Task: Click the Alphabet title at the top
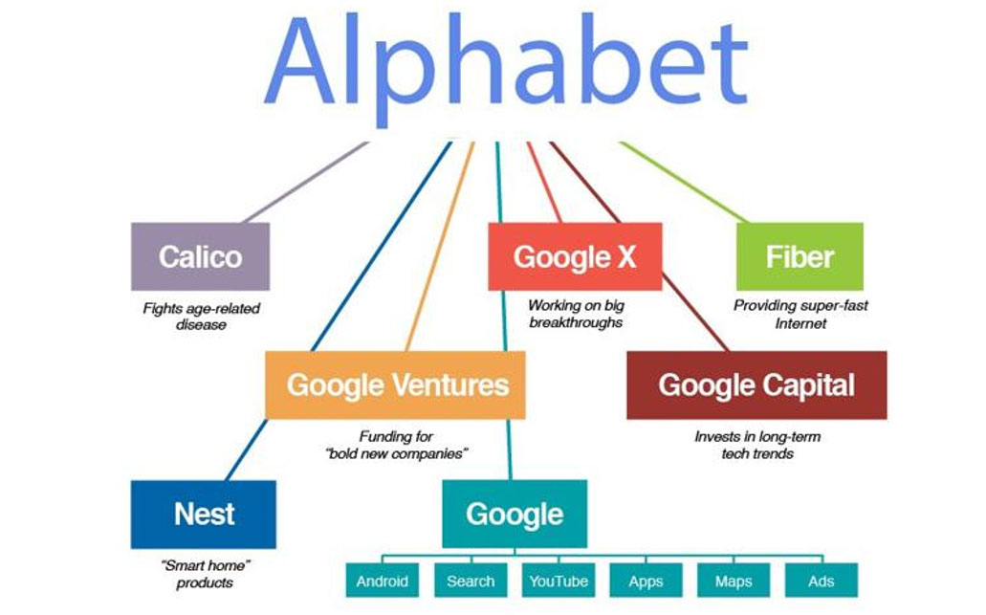(507, 68)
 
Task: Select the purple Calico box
(200, 256)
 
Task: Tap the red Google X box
(575, 256)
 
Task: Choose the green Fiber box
(800, 256)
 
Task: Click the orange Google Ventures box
(395, 384)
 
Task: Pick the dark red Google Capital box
(756, 384)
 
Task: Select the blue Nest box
(203, 515)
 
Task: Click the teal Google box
(515, 514)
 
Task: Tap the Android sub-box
(383, 581)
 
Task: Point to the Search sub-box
(471, 581)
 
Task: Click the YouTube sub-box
(559, 581)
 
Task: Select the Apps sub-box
(646, 581)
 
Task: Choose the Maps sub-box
(734, 581)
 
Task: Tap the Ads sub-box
(822, 581)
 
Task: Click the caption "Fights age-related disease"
(201, 317)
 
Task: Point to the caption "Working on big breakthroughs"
(576, 314)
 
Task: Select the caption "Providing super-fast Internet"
(800, 315)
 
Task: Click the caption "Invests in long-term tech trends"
(757, 445)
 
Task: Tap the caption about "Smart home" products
(205, 574)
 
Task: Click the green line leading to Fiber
(684, 183)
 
